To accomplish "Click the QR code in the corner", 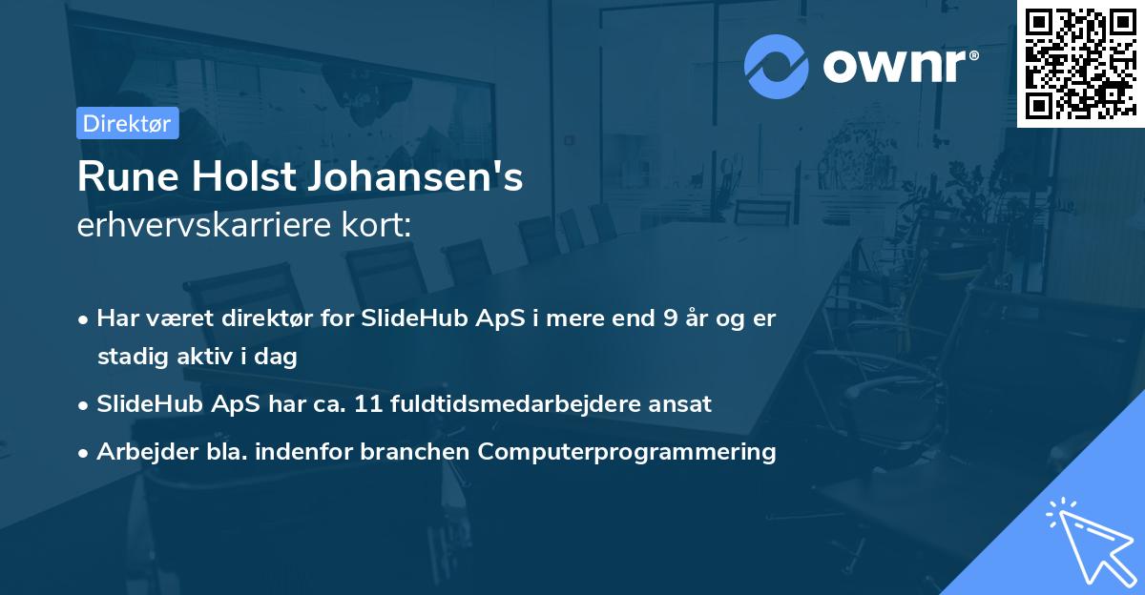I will [1080, 63].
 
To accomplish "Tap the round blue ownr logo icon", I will [775, 66].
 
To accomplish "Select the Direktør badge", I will [127, 122].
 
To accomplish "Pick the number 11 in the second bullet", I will [368, 403].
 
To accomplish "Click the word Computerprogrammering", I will [627, 451].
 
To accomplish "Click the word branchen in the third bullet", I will [416, 451].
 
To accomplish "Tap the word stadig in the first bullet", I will [129, 357].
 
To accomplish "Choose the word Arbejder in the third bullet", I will [139, 451].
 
